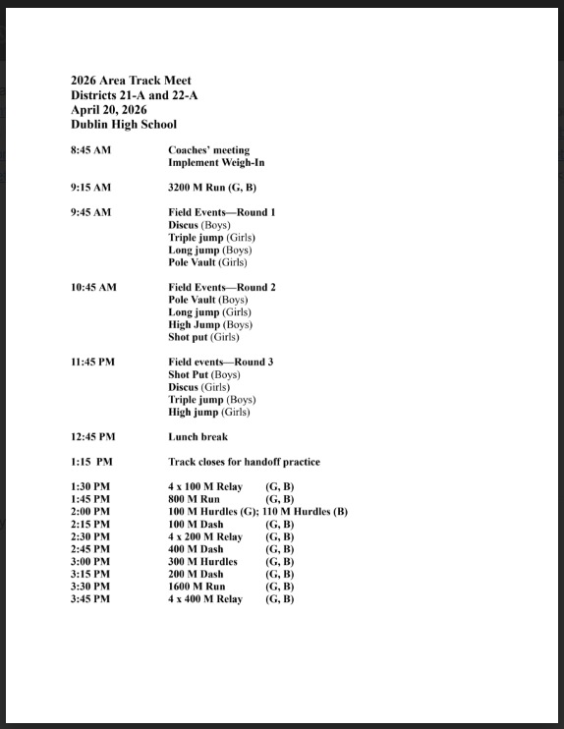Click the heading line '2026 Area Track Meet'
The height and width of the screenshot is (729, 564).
[x=131, y=81]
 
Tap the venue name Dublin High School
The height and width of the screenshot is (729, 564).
[x=124, y=125]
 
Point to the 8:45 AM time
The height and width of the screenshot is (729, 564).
[x=91, y=150]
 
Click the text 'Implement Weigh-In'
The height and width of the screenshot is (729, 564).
[x=216, y=163]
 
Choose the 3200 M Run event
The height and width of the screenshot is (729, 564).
[x=212, y=188]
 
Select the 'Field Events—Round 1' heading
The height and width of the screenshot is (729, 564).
[x=222, y=212]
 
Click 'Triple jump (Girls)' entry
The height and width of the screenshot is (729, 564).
[x=208, y=238]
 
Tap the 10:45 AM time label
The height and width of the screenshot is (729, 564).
[x=93, y=287]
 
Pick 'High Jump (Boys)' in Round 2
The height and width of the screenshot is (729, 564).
[x=210, y=324]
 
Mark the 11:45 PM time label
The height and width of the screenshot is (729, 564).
[x=92, y=362]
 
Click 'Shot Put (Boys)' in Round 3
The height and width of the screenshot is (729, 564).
[x=204, y=374]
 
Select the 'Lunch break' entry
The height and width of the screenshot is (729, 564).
[x=197, y=437]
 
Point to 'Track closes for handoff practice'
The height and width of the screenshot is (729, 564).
[x=244, y=462]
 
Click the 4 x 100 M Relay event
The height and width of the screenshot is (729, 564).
[x=205, y=487]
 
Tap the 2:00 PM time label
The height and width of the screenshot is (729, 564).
[x=90, y=512]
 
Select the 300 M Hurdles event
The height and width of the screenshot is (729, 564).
[x=202, y=562]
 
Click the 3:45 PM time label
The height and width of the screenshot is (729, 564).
[x=90, y=599]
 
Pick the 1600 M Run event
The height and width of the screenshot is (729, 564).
[x=197, y=587]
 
